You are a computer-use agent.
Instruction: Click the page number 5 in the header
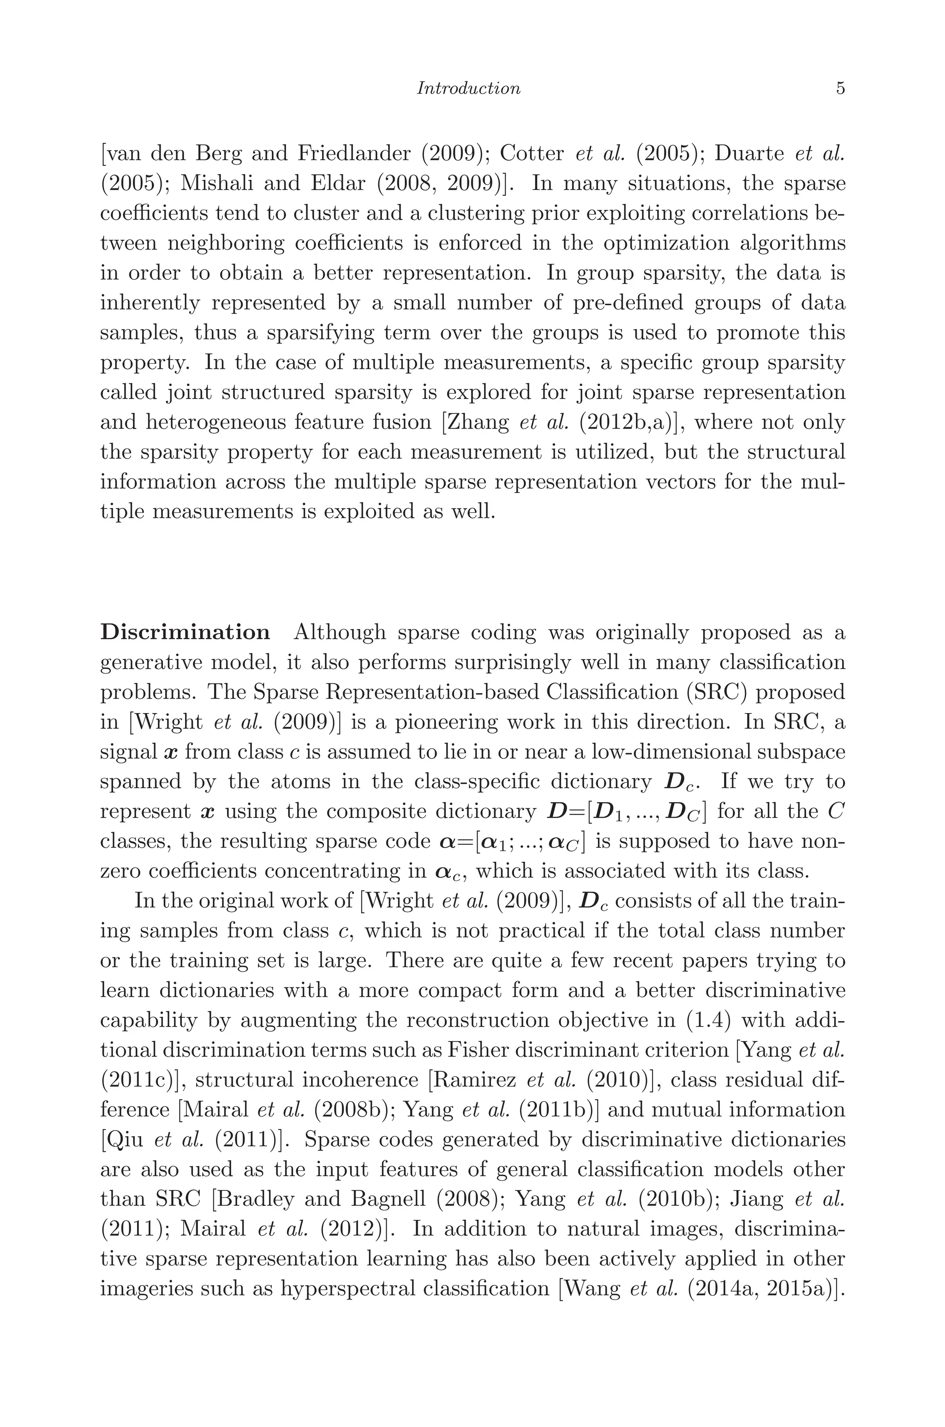tap(840, 89)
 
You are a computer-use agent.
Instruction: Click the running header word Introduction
tap(468, 89)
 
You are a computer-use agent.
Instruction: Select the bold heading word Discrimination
tap(185, 632)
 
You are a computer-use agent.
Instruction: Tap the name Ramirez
tap(474, 1080)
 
